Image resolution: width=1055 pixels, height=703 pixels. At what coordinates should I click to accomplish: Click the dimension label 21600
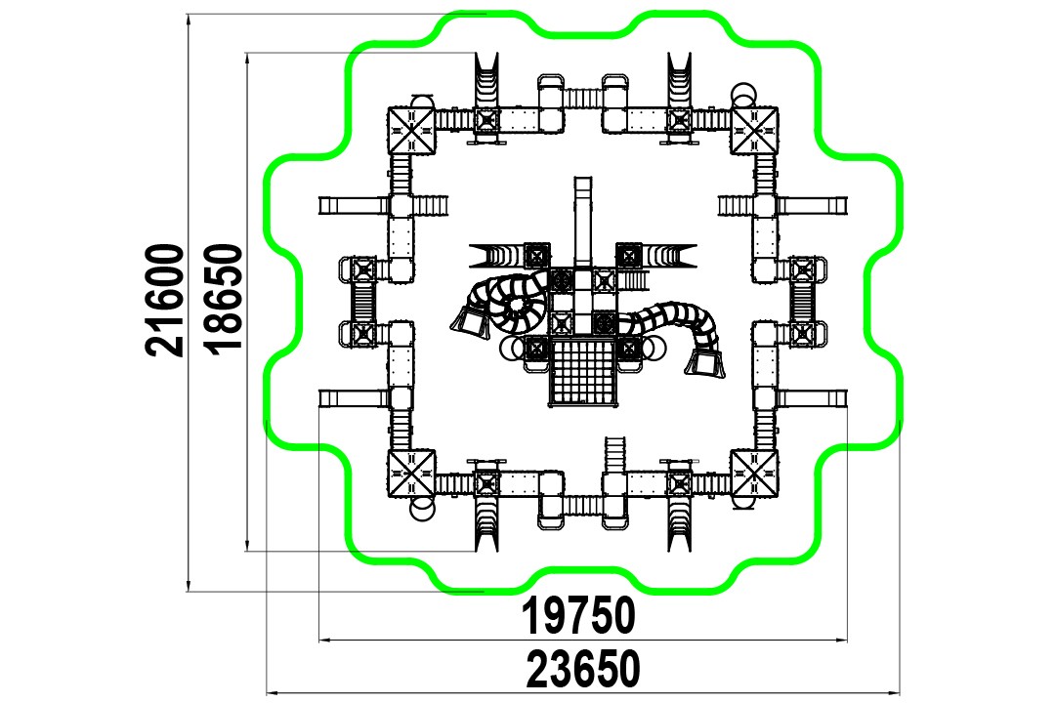click(x=165, y=300)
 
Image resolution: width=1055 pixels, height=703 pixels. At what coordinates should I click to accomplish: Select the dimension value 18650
click(x=224, y=298)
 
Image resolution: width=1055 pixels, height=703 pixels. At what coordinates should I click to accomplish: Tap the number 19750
click(x=578, y=615)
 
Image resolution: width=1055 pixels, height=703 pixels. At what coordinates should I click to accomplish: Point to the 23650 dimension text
click(x=582, y=670)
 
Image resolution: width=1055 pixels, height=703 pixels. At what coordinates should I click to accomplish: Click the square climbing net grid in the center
click(x=582, y=372)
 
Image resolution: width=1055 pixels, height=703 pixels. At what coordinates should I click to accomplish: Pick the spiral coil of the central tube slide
click(x=513, y=307)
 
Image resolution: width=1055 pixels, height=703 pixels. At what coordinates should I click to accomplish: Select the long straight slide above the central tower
click(x=583, y=222)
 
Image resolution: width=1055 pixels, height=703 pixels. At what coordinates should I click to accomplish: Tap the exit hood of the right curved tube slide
click(x=705, y=364)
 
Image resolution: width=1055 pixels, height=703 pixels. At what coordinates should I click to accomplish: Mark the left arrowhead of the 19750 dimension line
click(x=324, y=641)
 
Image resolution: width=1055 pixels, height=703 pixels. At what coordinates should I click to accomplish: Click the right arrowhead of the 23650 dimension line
click(x=894, y=692)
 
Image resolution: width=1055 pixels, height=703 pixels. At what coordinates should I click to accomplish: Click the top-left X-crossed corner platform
click(x=412, y=130)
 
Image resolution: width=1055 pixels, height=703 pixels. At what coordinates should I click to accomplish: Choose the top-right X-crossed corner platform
click(x=754, y=130)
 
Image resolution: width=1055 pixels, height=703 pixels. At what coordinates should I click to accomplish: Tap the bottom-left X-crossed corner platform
click(x=412, y=474)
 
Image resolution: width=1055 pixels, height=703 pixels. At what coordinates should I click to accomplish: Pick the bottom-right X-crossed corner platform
click(x=754, y=474)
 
